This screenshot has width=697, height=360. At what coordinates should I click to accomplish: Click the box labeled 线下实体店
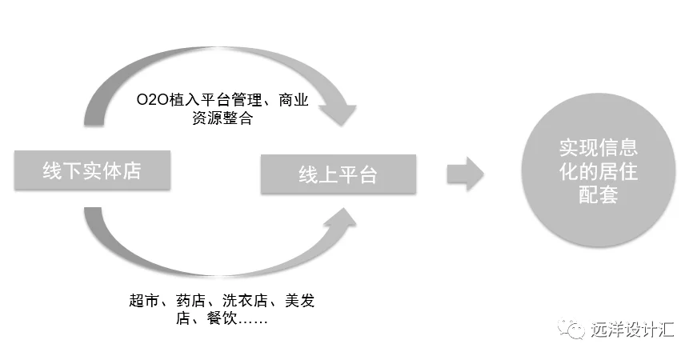92,170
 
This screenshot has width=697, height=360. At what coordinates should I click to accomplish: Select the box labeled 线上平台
338,174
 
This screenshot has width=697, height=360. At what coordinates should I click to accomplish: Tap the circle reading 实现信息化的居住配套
599,171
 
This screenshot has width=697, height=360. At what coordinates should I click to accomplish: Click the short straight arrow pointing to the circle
465,174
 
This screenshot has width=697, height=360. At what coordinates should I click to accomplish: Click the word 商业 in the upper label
294,100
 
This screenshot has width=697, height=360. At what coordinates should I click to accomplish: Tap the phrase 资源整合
222,118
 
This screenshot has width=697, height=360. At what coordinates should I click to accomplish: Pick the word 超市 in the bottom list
143,301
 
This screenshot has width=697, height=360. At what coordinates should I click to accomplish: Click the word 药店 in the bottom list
190,301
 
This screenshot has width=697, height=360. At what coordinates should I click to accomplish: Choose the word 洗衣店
245,301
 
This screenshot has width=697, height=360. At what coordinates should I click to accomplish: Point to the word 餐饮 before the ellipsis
222,318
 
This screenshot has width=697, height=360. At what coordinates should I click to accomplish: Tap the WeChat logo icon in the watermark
571,329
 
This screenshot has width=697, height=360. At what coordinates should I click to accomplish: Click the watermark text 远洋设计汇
633,330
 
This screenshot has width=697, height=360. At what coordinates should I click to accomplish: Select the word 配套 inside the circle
599,194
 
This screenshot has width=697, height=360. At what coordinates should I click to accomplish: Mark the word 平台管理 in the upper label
231,100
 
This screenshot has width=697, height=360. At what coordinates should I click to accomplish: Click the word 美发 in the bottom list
299,301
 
